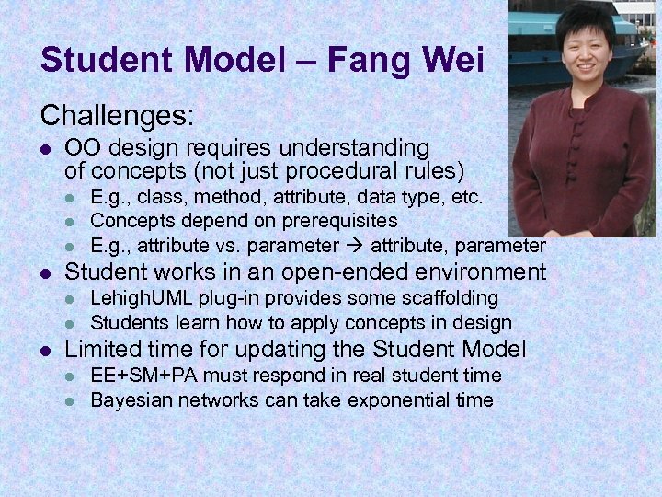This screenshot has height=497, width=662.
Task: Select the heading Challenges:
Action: coord(117,115)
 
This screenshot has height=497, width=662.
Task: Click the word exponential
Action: coord(405,400)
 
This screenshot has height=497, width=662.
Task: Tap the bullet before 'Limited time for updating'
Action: coord(45,350)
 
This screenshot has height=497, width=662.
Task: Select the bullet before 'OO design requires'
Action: coord(45,148)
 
